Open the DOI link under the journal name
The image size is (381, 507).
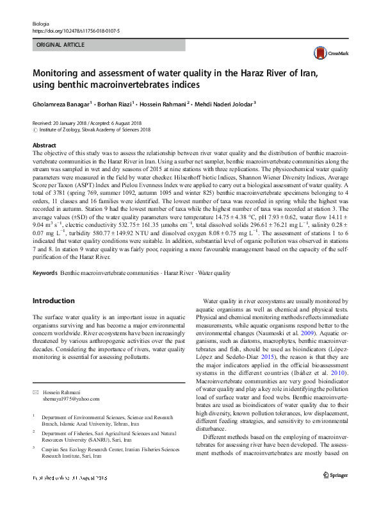coord(75,30)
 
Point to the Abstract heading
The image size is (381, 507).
coord(44,145)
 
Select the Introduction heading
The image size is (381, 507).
coord(53,300)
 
